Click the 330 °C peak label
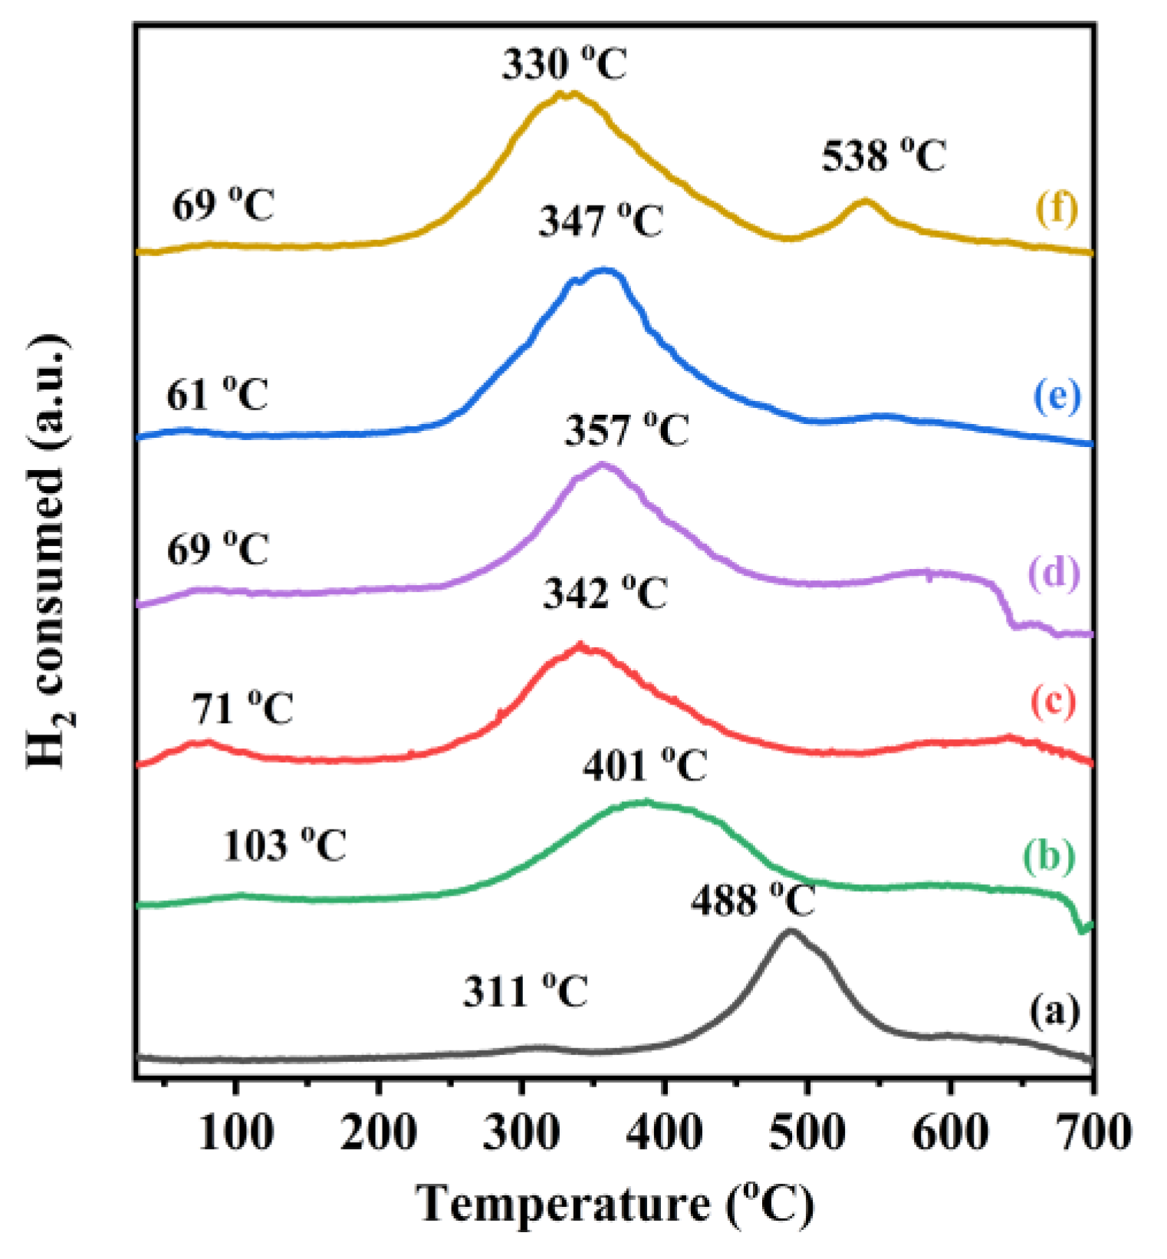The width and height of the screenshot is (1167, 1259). coord(564,64)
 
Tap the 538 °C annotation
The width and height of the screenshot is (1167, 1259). coord(884,156)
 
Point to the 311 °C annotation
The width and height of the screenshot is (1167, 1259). coord(525,992)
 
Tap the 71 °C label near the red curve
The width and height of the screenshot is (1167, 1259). coord(242,708)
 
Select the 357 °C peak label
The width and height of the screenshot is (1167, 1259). coord(627,430)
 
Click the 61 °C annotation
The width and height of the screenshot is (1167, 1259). coord(218,396)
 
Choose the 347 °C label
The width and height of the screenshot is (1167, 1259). coord(600,222)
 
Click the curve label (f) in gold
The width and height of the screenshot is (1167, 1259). coord(1057,209)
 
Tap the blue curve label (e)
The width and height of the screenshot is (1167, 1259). coord(1057,397)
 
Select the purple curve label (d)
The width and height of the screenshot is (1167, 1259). coord(1054,573)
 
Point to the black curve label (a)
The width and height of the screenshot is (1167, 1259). coord(1054,1011)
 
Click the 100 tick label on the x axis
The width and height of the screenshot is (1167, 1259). coord(235,1132)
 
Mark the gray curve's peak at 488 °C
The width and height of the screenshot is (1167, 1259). coord(791,931)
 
